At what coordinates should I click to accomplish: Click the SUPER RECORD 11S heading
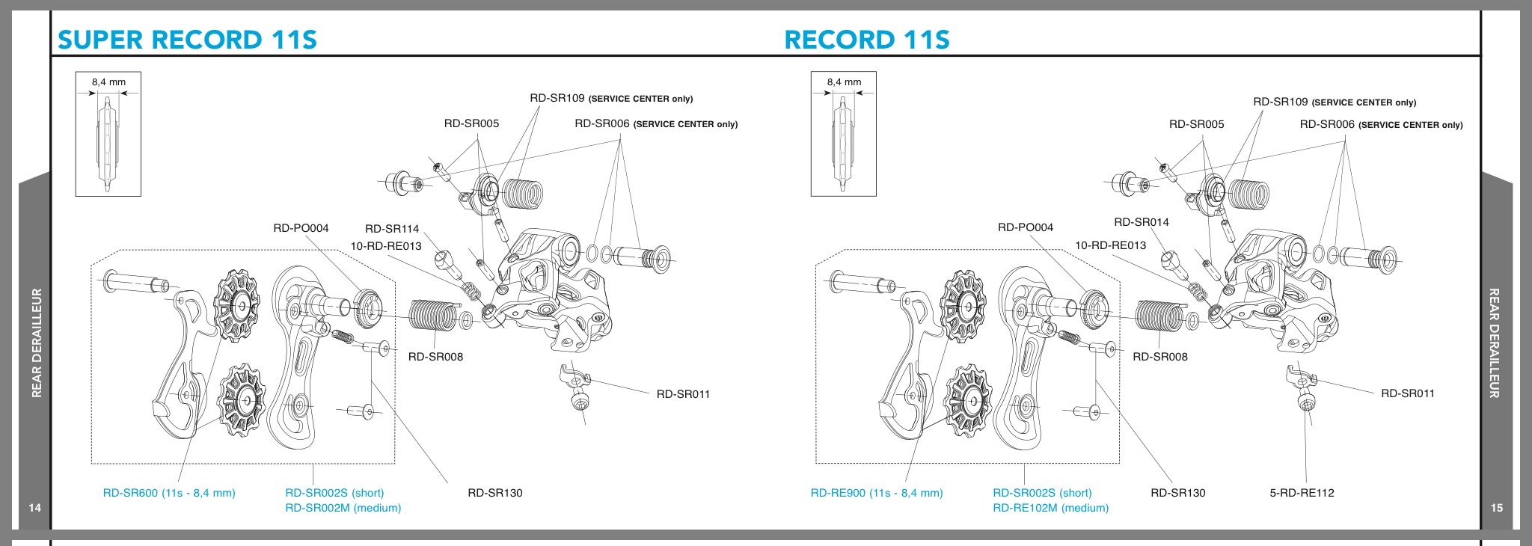(x=187, y=39)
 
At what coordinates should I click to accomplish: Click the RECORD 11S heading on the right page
(x=867, y=39)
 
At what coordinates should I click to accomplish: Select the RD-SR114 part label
(x=392, y=229)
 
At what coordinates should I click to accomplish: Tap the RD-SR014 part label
(x=1142, y=222)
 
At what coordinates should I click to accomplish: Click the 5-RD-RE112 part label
(x=1302, y=493)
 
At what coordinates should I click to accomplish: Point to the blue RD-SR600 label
(x=169, y=493)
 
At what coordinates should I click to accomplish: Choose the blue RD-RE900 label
(x=877, y=493)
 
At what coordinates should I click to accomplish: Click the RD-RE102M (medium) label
(x=1051, y=508)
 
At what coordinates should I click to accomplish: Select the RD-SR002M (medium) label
(x=343, y=508)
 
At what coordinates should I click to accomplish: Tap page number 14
(x=35, y=509)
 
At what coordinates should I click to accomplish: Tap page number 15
(x=1497, y=509)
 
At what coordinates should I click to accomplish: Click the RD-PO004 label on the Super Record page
(x=301, y=228)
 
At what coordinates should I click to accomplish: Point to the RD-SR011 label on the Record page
(x=1408, y=393)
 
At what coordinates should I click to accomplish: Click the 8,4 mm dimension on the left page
(x=108, y=82)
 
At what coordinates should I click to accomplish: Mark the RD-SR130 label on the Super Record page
(x=495, y=493)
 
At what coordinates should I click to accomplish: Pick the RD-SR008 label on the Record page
(x=1160, y=357)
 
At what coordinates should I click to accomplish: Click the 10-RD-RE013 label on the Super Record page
(x=386, y=246)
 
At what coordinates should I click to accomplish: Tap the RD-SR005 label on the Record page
(x=1197, y=124)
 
